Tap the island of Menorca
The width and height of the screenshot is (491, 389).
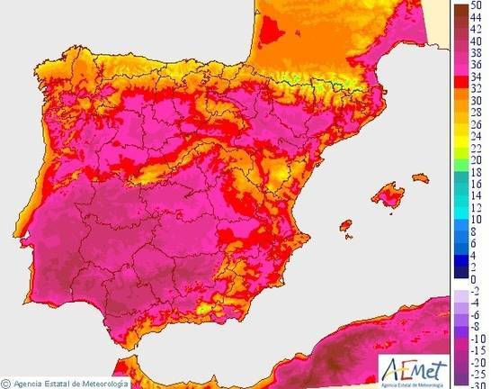[x=420, y=179]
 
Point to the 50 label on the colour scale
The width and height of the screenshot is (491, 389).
[x=478, y=5]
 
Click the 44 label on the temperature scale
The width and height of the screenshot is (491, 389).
[x=478, y=17]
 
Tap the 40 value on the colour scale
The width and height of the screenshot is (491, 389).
[x=478, y=41]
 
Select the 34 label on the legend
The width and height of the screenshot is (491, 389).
[x=478, y=77]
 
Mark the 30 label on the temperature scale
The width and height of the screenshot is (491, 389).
[x=478, y=100]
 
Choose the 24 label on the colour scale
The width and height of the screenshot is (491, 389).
[x=478, y=135]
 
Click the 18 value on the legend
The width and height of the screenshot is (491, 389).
[x=478, y=171]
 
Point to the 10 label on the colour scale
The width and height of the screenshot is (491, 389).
[x=478, y=219]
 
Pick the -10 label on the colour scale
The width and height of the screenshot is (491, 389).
[x=478, y=338]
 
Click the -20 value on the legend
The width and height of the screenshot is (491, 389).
[x=478, y=361]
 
